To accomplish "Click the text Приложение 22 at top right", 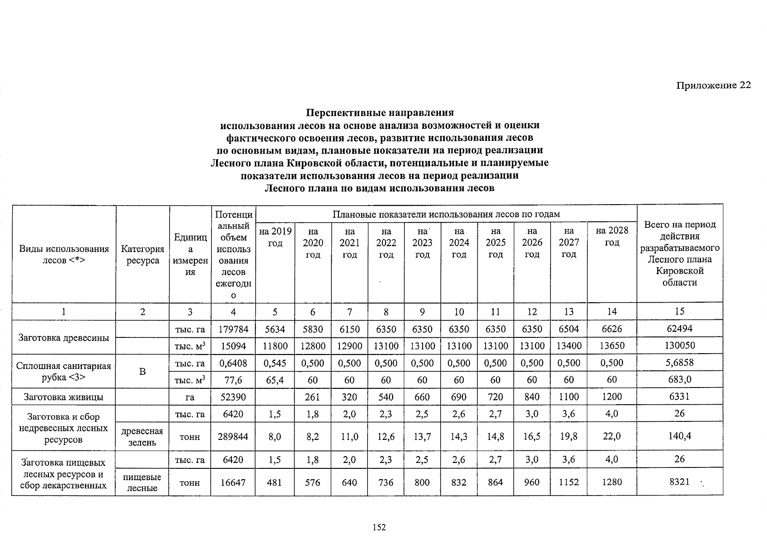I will (x=713, y=85).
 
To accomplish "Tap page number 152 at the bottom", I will (x=379, y=527).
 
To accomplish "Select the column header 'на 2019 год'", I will (x=275, y=237).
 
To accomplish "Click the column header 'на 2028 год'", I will (x=612, y=236).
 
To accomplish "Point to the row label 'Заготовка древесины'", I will (x=64, y=338).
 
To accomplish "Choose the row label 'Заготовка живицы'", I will (x=64, y=397).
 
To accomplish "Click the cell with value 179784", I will (x=233, y=329).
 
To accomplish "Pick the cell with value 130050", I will (x=680, y=346).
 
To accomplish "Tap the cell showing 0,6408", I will (x=233, y=363).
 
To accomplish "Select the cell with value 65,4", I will (x=275, y=380).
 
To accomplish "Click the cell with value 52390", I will (x=233, y=397).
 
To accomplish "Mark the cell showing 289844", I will (x=233, y=436).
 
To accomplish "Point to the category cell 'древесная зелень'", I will (x=142, y=437).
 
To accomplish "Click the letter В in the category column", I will (x=142, y=371).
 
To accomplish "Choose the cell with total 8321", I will (x=680, y=482).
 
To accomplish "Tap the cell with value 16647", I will (x=233, y=482).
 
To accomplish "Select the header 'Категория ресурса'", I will (x=142, y=255).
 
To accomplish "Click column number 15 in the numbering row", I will (x=680, y=311).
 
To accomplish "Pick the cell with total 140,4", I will (x=680, y=436).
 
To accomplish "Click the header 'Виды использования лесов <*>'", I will (x=64, y=255).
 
